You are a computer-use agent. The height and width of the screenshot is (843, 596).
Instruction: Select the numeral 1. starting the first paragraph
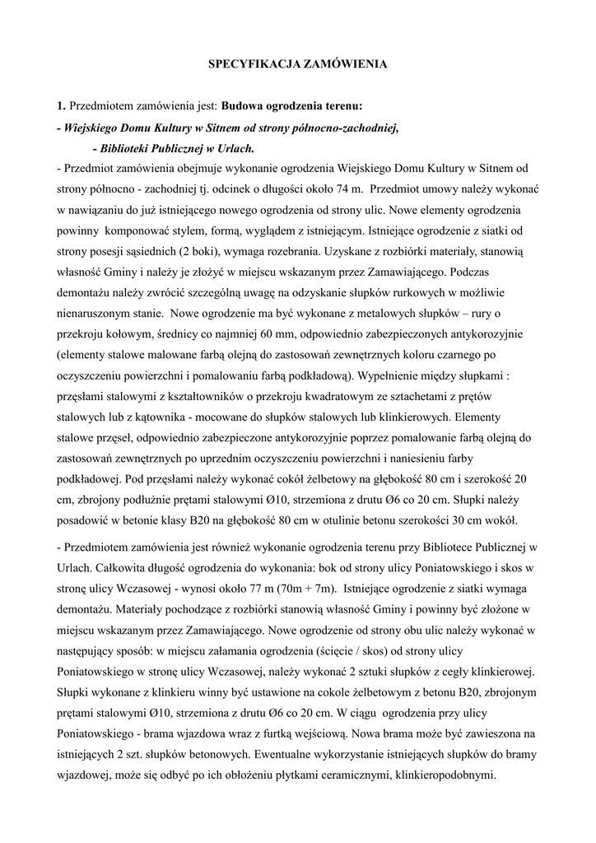click(x=61, y=106)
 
